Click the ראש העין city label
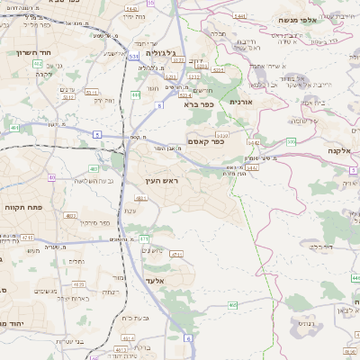pyautogui.click(x=163, y=182)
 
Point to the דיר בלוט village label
pyautogui.click(x=321, y=245)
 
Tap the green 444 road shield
pyautogui.click(x=136, y=94)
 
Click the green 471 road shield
pyautogui.click(x=144, y=238)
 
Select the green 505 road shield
pyautogui.click(x=291, y=141)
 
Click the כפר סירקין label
pyautogui.click(x=94, y=222)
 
